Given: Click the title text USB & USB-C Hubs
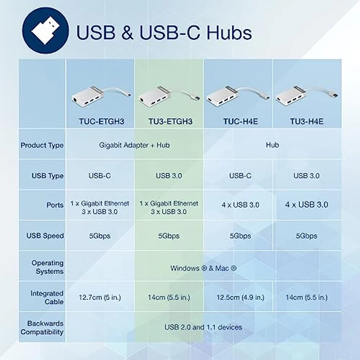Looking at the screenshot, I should (x=164, y=32).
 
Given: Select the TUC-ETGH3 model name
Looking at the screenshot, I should (x=100, y=120).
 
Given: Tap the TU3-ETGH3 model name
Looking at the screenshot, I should (x=169, y=120).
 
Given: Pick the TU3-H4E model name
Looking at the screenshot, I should (x=306, y=120).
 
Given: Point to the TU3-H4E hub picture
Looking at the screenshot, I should (x=306, y=97).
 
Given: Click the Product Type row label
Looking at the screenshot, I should (x=42, y=145).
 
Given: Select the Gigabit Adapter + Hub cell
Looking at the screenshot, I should (x=135, y=145).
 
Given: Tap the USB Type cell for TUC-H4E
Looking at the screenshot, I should (x=240, y=176).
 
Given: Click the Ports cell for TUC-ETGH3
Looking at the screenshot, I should (x=100, y=207).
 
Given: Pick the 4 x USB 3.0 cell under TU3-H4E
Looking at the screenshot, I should (x=307, y=205).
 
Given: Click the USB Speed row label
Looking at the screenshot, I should (x=45, y=236).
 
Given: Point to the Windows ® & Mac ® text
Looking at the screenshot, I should (x=203, y=268).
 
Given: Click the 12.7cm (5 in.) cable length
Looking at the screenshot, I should (x=100, y=297).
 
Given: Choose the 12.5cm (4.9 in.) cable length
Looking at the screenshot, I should (x=240, y=297).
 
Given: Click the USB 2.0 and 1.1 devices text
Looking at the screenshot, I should (x=203, y=327).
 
